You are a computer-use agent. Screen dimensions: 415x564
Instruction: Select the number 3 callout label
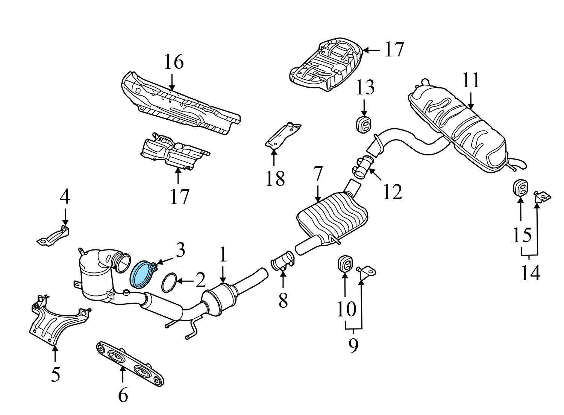click(x=180, y=250)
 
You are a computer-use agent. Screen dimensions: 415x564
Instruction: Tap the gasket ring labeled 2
click(x=170, y=283)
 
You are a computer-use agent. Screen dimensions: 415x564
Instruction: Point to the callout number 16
click(x=174, y=62)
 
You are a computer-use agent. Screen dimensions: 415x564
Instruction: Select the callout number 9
click(x=353, y=345)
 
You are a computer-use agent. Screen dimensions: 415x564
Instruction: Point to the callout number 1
click(x=223, y=255)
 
